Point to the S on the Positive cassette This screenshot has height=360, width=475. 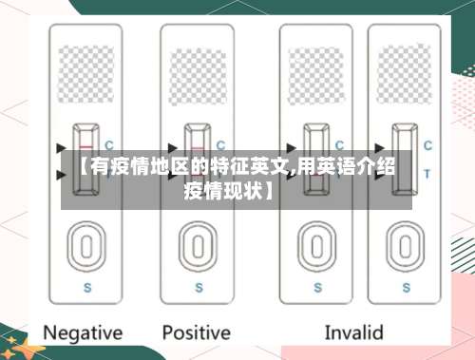point(198,285)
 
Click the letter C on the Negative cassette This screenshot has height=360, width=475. point(109,145)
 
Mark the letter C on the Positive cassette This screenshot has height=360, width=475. point(221,145)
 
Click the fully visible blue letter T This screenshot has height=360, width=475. point(427,172)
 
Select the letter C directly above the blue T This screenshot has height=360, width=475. point(427,145)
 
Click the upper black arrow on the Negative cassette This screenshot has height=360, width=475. point(64,147)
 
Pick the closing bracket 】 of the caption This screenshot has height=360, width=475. point(271,191)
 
